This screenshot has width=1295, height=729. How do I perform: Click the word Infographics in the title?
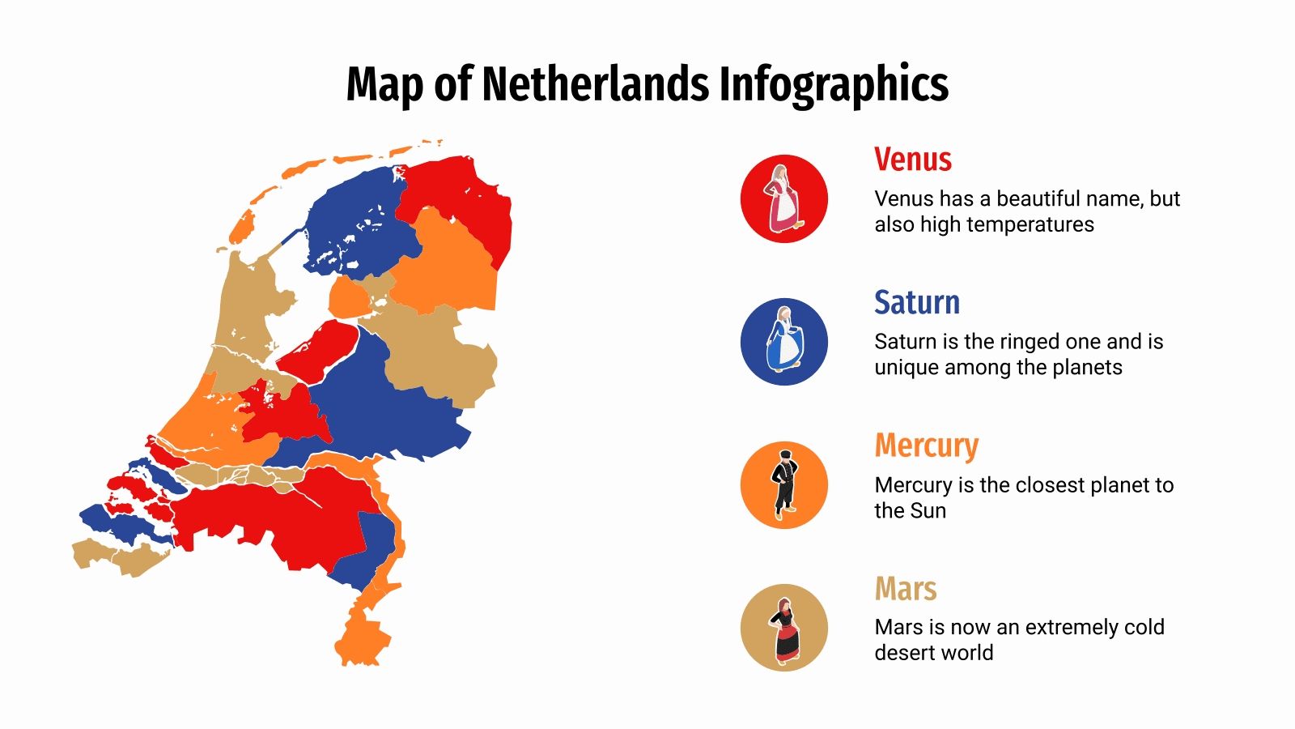pos(834,84)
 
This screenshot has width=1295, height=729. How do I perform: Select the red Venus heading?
pos(912,160)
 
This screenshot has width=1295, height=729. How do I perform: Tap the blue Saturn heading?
pos(916,302)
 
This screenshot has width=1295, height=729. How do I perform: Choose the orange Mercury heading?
pos(926,446)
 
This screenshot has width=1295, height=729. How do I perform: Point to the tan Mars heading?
pos(905,589)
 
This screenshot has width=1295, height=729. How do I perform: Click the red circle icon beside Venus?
pos(783,198)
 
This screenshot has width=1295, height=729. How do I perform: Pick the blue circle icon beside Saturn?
pos(783,341)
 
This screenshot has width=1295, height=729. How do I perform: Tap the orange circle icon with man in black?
pos(783,484)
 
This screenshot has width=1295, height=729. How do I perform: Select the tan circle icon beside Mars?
pos(783,627)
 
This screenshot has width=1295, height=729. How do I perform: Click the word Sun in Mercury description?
pos(928,510)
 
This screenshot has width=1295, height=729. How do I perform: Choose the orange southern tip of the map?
pos(360,640)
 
